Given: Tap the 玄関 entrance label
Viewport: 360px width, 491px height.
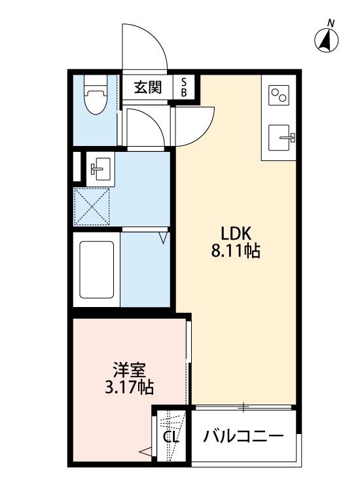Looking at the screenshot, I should (x=148, y=88).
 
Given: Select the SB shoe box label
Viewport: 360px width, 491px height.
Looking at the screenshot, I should (x=184, y=87).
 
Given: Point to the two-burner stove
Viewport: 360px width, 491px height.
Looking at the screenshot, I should (x=278, y=95).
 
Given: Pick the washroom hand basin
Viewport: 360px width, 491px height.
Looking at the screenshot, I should (x=100, y=168).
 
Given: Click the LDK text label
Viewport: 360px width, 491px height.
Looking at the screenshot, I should (x=236, y=233).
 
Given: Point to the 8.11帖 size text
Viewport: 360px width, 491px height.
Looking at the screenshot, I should (x=236, y=251).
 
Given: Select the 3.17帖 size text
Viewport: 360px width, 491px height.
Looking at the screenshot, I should (x=129, y=388).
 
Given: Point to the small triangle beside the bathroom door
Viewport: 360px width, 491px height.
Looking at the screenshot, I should (x=164, y=238).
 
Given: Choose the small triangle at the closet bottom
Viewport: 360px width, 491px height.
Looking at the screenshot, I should (x=145, y=450).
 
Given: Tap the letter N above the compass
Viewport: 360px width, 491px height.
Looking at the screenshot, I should (x=331, y=24).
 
